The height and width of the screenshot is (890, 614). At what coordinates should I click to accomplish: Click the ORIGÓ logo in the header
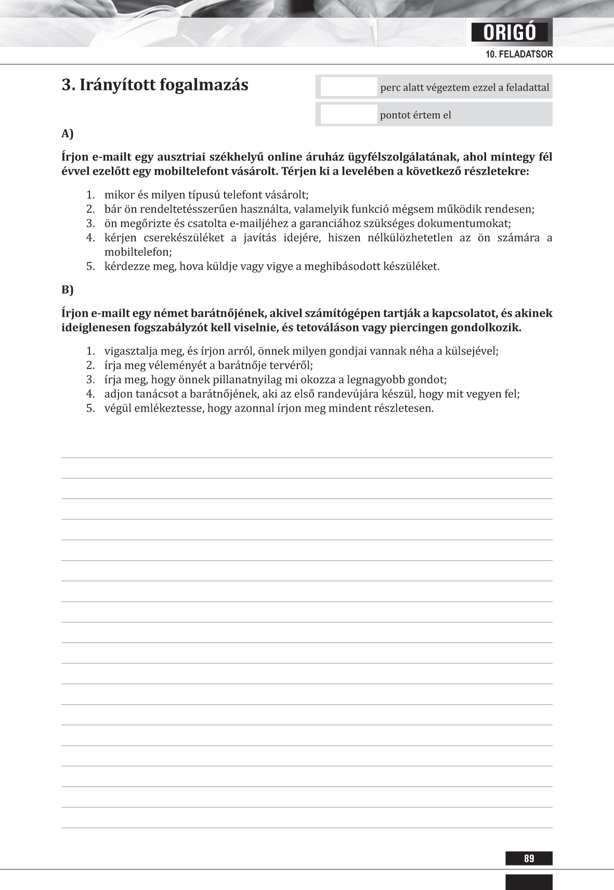510,33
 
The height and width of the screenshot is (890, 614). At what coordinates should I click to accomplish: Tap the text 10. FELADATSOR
519,54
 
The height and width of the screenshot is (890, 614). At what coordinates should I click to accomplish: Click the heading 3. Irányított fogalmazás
155,85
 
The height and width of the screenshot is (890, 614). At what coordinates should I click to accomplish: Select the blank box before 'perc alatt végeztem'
348,87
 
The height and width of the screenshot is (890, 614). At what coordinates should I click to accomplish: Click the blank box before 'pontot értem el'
348,114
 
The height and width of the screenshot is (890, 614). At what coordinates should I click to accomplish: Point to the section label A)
68,134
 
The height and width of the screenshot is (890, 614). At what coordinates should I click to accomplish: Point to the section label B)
68,290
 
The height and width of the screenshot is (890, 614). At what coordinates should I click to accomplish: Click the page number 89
529,858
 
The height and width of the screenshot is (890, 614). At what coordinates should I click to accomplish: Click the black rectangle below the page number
529,882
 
